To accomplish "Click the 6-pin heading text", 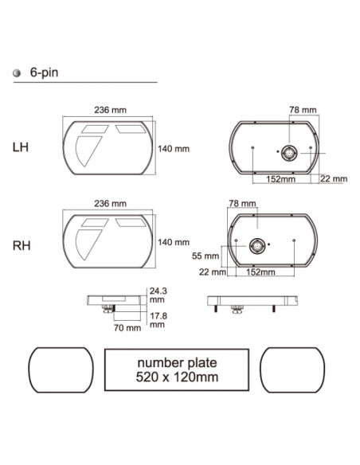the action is (x=44, y=73).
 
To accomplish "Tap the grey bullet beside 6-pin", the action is (x=17, y=73).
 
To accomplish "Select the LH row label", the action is (x=21, y=147).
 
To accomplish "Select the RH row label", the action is (x=22, y=246).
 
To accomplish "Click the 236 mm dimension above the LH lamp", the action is (x=111, y=110).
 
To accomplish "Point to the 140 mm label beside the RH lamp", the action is (x=174, y=242).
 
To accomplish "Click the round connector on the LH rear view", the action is (x=289, y=153).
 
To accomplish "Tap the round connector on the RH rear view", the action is (x=257, y=246).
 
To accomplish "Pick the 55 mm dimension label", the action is (x=205, y=256).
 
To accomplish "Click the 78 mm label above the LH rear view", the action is (x=303, y=110).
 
